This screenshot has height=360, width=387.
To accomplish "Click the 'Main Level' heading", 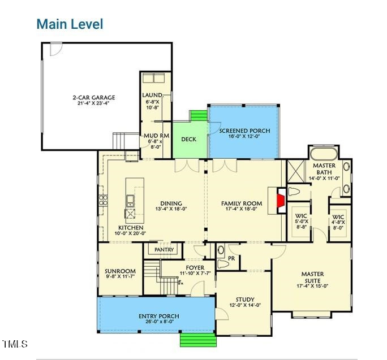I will pos(70,24).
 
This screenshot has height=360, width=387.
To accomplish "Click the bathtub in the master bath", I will pos(324,153).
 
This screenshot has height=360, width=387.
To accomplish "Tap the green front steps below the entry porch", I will pos(198,339).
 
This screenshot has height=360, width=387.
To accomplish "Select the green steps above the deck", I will pos(199,116).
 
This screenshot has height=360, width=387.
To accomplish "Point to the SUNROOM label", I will pos(120,271).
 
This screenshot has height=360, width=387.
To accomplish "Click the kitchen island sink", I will pos(130,199).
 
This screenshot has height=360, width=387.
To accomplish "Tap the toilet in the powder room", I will pos(222,263).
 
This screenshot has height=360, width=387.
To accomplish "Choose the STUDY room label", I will pos(245,300).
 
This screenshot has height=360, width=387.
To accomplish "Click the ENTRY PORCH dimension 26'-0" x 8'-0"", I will pos(159,322).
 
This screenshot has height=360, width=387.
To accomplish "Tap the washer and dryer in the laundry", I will pos(155,79).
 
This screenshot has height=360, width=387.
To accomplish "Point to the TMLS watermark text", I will pos(15,344).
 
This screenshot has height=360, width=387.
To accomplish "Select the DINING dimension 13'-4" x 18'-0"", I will pos(171,209).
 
